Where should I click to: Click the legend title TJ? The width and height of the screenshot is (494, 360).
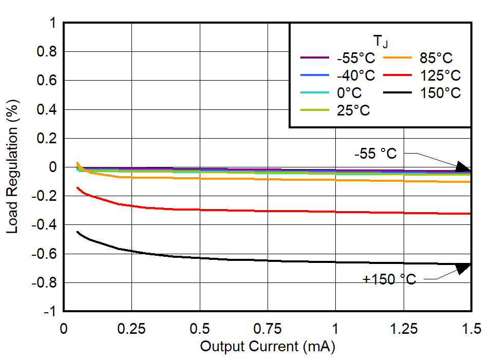click(x=381, y=41)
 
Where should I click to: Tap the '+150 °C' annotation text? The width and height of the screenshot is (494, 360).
click(x=389, y=279)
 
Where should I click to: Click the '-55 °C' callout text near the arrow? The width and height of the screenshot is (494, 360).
click(x=375, y=154)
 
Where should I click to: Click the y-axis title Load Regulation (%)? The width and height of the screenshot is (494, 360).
click(x=12, y=167)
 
